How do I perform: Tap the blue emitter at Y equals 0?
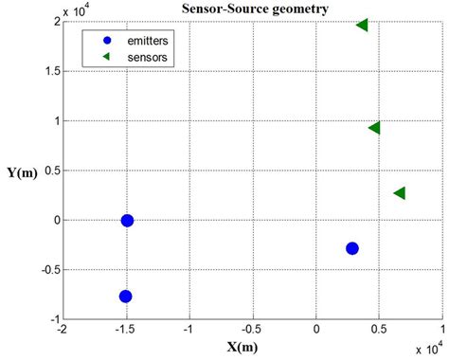[127, 221]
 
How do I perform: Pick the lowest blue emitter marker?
[125, 297]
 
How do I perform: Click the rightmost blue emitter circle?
[352, 248]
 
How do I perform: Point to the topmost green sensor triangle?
[362, 25]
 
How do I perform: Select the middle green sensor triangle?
[374, 128]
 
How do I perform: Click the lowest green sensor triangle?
[399, 193]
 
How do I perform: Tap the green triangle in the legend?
[107, 58]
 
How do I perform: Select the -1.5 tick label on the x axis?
[124, 329]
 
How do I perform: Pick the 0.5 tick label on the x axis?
[379, 329]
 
